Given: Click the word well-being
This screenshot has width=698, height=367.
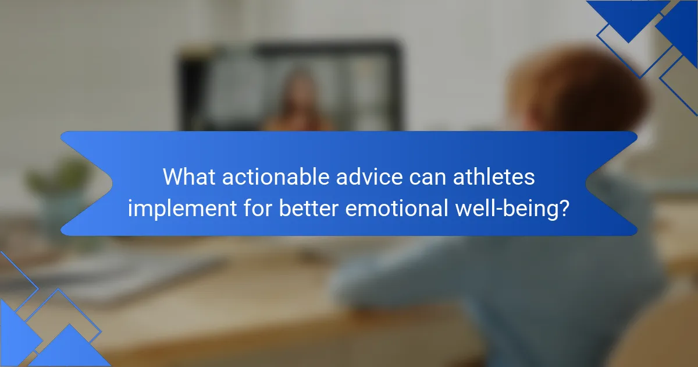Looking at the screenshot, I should [x=510, y=208].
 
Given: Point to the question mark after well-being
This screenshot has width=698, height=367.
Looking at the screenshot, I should [x=564, y=208].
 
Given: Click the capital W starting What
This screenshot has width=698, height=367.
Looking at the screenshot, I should [x=173, y=177].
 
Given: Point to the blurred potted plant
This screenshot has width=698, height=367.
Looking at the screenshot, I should [x=58, y=186].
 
